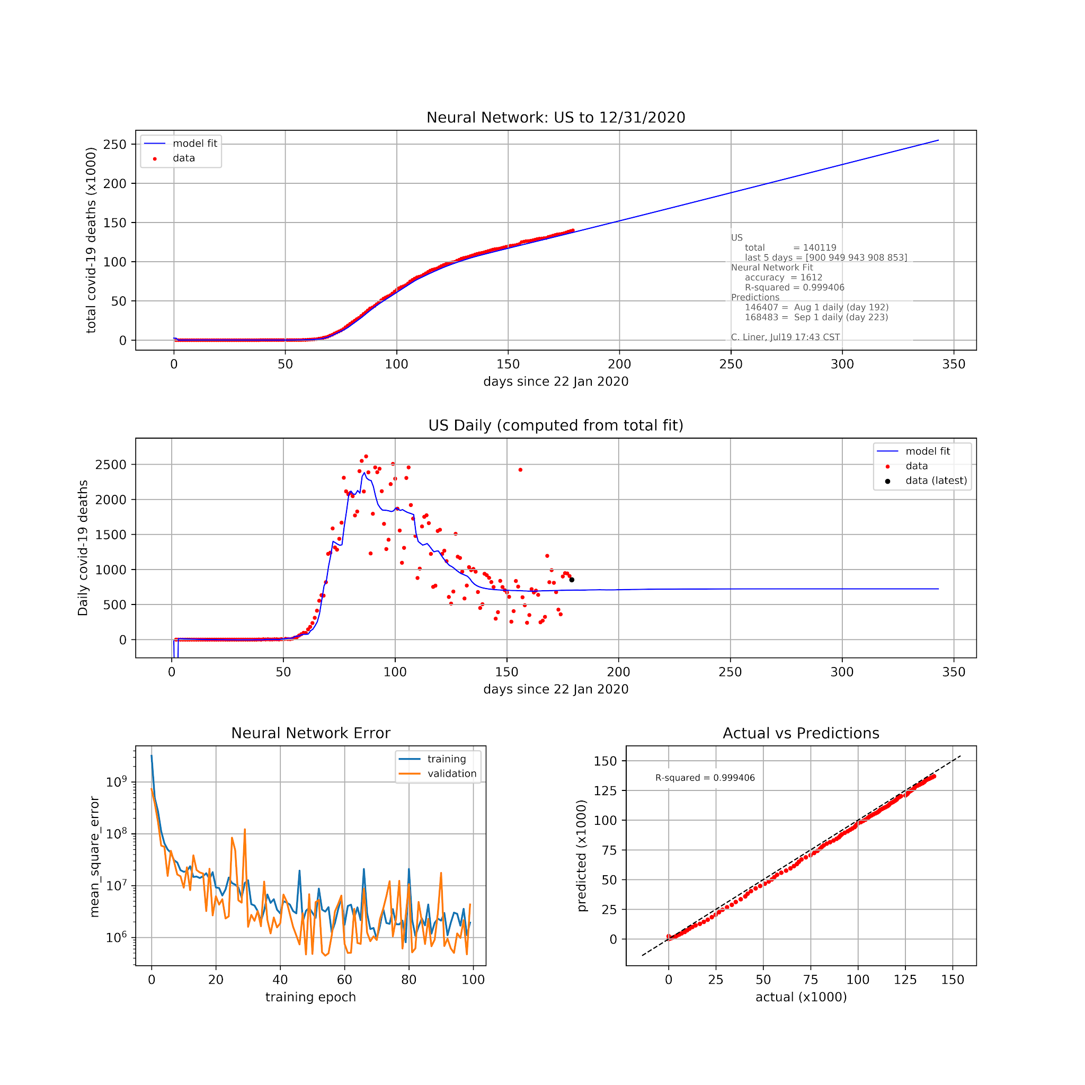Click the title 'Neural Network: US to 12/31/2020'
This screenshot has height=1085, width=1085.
pos(555,118)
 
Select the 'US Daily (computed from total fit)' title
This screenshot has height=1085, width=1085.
pos(555,425)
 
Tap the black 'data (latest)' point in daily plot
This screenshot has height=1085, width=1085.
pos(572,580)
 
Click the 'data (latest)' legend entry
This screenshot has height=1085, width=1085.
pos(936,481)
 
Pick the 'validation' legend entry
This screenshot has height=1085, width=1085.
pos(451,773)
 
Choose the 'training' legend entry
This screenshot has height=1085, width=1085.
pos(447,759)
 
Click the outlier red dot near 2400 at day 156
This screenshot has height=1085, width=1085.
pos(520,469)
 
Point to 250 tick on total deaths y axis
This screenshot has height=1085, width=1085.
pos(115,144)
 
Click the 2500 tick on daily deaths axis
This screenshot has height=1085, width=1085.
pos(111,465)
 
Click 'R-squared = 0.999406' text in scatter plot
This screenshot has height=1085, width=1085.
pos(705,778)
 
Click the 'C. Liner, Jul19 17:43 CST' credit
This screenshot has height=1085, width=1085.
pos(785,337)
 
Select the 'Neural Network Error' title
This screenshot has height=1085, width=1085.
pos(310,733)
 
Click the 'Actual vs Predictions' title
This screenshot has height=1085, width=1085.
pos(801,733)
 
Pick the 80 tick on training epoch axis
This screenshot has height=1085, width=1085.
pos(409,980)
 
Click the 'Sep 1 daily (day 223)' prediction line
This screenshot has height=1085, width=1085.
pos(816,317)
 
